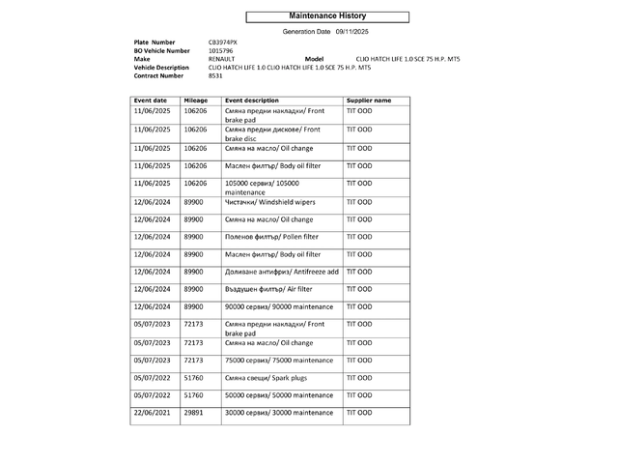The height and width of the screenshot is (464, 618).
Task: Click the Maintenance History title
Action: [x=327, y=16]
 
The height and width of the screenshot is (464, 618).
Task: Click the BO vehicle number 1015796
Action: [x=221, y=50]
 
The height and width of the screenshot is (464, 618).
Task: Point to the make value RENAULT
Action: [x=221, y=59]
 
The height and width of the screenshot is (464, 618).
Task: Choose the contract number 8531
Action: [x=214, y=75]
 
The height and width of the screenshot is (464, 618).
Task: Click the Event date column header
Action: [x=151, y=101]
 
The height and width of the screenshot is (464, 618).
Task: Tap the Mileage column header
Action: [x=196, y=101]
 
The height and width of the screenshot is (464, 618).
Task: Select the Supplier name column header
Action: [x=369, y=101]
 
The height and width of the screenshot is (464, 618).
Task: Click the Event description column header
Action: [x=252, y=101]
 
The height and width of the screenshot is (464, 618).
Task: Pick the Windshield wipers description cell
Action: [x=270, y=202]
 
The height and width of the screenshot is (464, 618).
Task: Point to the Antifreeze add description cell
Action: [x=281, y=272]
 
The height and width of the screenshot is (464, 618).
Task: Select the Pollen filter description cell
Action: [x=271, y=237]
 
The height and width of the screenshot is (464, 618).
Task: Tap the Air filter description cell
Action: [x=268, y=289]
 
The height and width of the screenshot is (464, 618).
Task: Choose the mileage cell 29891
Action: [x=194, y=413]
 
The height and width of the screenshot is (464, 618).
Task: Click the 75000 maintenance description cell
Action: [x=279, y=360]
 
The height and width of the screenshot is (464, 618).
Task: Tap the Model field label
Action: [x=313, y=59]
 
